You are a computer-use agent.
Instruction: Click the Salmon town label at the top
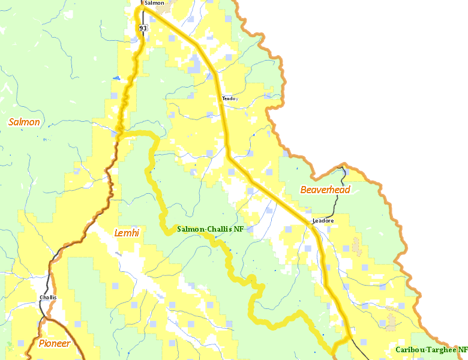click(154, 3)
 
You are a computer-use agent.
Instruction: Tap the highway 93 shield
click(142, 28)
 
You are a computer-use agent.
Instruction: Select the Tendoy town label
click(230, 98)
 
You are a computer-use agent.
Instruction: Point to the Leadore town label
click(323, 221)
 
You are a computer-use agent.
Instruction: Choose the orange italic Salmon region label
click(24, 122)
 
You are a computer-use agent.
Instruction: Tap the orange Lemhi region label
click(127, 233)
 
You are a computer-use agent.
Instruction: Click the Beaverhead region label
click(325, 190)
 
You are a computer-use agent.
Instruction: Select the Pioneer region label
click(55, 344)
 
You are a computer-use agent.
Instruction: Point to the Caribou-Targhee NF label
click(431, 350)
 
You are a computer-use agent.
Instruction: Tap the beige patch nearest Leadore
click(357, 245)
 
